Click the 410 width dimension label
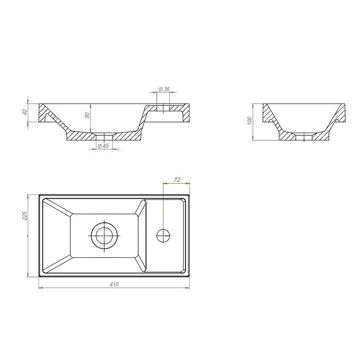(114, 284)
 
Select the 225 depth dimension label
(25, 216)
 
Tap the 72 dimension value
(177, 180)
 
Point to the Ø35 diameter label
(164, 89)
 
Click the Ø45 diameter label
(103, 146)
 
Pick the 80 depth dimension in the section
(87, 115)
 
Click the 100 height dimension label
(250, 121)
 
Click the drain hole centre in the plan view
(104, 235)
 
